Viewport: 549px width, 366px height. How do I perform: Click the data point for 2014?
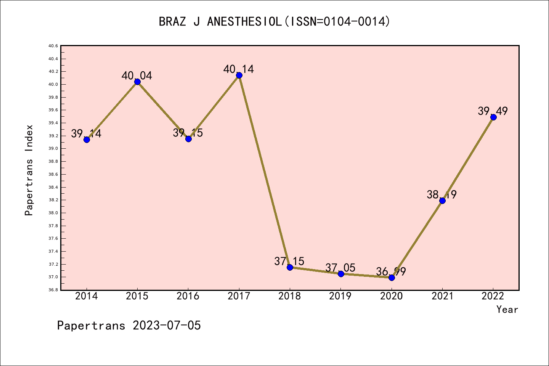point(87,140)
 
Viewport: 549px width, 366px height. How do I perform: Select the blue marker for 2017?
point(239,75)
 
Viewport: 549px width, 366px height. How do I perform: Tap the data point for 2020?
point(392,278)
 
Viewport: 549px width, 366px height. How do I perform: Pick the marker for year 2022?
point(493,117)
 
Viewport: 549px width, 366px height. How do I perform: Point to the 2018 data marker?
point(290,267)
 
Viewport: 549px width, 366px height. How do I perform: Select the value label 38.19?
point(441,195)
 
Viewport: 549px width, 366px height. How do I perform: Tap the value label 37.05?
point(340,268)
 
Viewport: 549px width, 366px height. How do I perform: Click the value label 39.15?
point(188,133)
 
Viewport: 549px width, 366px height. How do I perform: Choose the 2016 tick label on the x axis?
point(188,296)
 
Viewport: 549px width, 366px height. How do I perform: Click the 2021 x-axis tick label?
point(442,296)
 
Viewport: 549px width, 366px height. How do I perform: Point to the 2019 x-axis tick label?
point(340,296)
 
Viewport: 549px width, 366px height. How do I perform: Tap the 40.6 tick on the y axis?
point(53,46)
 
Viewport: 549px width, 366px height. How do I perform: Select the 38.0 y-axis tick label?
point(53,213)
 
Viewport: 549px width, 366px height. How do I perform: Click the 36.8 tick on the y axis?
point(53,290)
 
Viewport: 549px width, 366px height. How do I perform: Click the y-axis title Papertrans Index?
point(29,170)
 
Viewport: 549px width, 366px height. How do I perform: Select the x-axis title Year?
point(507,310)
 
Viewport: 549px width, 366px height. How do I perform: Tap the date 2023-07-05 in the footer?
point(167,326)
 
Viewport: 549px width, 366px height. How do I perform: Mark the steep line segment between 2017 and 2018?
point(265,171)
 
